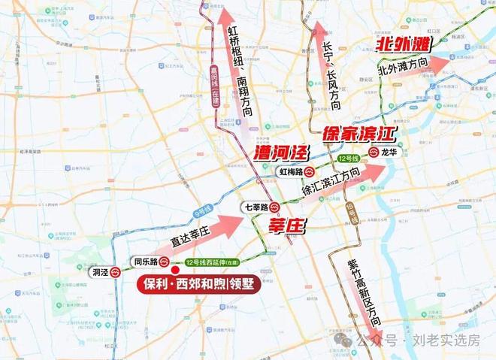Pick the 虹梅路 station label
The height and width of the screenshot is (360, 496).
click(x=289, y=171)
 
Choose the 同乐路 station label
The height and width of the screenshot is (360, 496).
click(x=144, y=262)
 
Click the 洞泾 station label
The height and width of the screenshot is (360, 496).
click(x=98, y=273)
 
